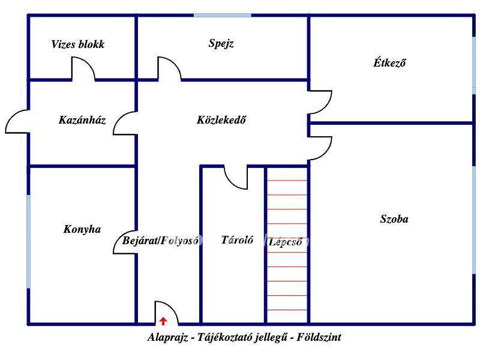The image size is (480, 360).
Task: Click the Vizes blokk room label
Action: (77, 44)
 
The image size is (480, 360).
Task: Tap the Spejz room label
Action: (221, 43)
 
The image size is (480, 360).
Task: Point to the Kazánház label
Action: (82, 120)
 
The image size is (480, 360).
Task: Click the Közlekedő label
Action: (221, 120)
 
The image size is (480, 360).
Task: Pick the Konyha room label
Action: (82, 229)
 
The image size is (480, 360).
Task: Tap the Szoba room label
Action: (394, 219)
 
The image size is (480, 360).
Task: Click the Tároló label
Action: (237, 240)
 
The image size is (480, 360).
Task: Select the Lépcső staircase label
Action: (286, 242)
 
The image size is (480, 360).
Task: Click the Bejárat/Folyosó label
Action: (160, 241)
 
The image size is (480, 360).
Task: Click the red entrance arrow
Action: (163, 321)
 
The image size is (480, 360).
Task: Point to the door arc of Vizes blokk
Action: (83, 67)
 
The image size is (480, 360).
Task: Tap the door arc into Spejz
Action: (169, 67)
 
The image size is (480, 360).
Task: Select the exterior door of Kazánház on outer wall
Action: (17, 122)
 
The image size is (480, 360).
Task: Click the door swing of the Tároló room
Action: (236, 178)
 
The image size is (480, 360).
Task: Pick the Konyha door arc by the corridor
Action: (125, 242)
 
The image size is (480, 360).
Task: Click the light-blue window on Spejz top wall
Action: (222, 15)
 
